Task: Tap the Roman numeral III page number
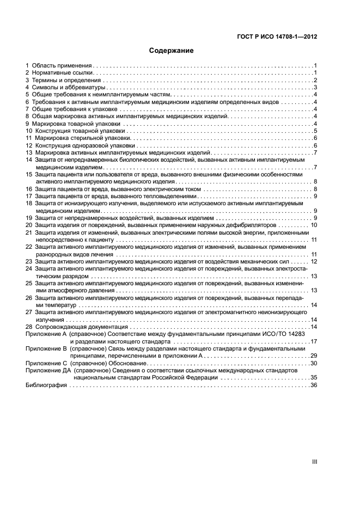coord(314,461)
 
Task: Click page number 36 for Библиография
coord(313,385)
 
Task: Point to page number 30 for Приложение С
coord(313,363)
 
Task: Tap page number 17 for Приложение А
coord(313,341)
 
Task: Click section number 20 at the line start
coord(29,225)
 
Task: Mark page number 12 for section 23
coord(313,261)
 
